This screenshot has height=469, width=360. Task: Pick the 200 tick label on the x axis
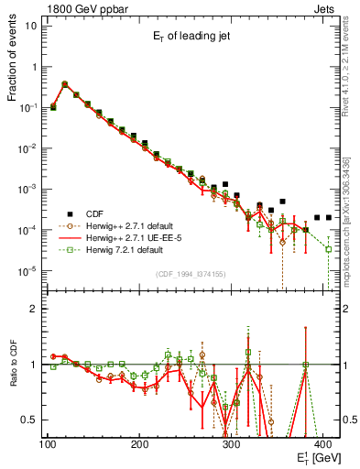(140, 444)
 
